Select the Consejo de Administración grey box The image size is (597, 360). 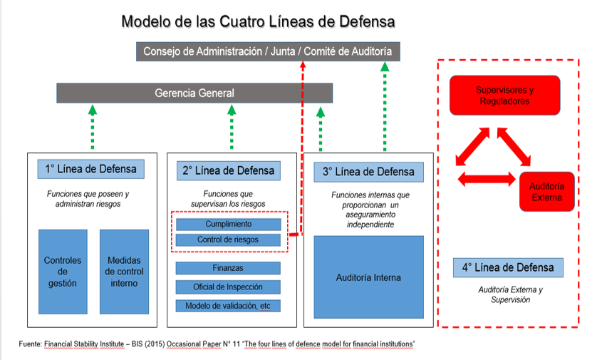268,51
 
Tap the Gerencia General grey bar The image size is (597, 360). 194,93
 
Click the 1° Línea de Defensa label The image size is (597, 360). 91,170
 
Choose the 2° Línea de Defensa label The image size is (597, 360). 228,170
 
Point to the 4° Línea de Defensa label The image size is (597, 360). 508,268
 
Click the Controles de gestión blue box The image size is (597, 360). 63,272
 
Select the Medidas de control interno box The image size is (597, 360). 125,272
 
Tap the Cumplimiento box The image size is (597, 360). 228,225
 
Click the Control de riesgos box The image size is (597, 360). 228,240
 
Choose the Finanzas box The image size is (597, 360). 228,268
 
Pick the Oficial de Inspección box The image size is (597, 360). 228,287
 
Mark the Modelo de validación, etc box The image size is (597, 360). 228,305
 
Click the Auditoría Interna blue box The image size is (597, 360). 368,277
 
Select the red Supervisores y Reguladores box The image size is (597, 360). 504,96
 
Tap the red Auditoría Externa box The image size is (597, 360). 546,191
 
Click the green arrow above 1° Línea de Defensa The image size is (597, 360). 92,128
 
